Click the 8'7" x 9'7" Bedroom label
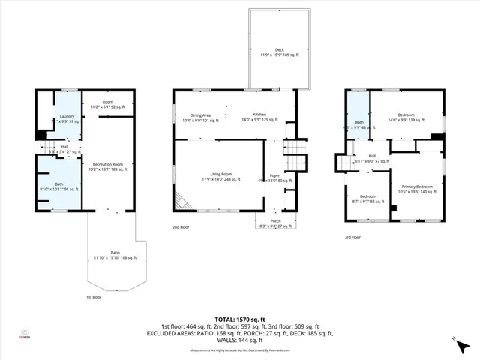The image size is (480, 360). click(367, 199)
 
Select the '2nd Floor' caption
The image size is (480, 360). click(181, 226)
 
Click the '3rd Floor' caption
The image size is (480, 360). click(352, 236)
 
